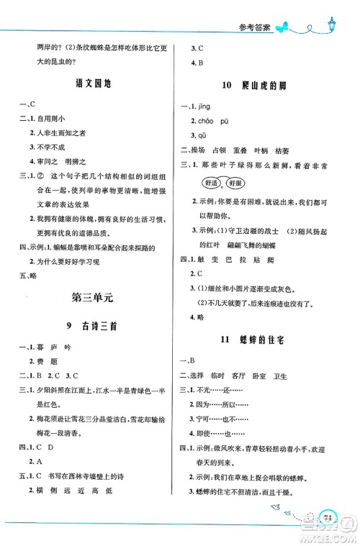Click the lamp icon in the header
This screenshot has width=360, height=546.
click(x=331, y=25)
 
